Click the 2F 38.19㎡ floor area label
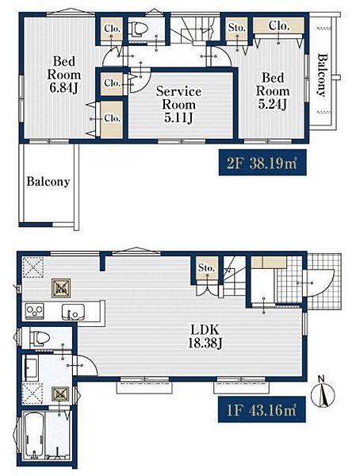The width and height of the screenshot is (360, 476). click(x=262, y=163)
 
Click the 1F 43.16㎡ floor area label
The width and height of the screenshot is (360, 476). click(x=262, y=410)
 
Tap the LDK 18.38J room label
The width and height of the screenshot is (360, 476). click(x=205, y=336)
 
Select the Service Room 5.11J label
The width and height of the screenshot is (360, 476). click(x=178, y=104)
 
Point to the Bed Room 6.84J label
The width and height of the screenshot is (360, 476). click(x=64, y=75)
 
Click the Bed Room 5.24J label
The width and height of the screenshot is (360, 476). click(x=273, y=91)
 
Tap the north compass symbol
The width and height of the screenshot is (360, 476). click(x=323, y=393)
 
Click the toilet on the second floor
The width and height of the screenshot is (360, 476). click(x=140, y=29)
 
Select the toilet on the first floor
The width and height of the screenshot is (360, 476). click(x=40, y=338)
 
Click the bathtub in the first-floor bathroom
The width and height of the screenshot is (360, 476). click(x=33, y=435)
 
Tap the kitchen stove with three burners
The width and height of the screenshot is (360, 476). click(x=34, y=311)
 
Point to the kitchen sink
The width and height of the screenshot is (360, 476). click(x=74, y=312)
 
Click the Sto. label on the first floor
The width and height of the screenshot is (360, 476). click(x=206, y=268)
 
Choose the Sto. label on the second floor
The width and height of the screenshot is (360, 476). click(x=237, y=28)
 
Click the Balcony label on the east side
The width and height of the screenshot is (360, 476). click(x=322, y=75)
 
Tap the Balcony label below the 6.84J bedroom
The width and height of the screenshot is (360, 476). click(x=48, y=182)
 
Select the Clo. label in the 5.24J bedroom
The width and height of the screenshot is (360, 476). click(x=278, y=26)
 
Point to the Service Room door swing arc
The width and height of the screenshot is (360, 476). click(x=140, y=79)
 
